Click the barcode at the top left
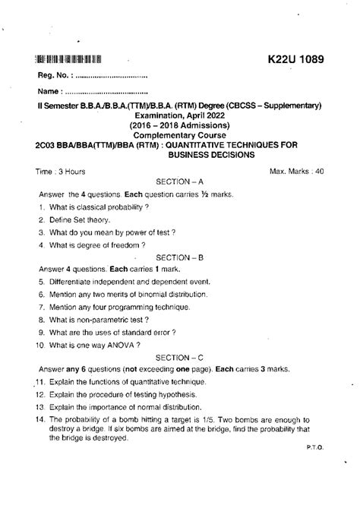[68, 59]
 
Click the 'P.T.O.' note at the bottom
[317, 448]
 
